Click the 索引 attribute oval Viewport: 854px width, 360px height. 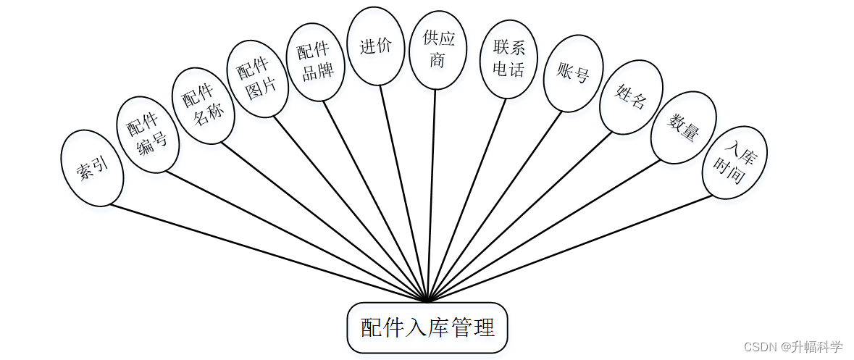tap(92, 167)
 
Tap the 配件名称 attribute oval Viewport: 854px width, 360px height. tap(203, 106)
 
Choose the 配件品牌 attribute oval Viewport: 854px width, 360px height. tap(317, 62)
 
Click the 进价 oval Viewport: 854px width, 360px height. tap(375, 46)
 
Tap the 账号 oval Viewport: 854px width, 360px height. tap(573, 74)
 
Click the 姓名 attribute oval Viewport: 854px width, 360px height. tap(630, 96)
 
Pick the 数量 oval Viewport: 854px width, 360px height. tap(683, 127)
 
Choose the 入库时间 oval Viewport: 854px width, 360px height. tap(734, 162)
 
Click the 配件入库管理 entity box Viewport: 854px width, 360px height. tap(427, 328)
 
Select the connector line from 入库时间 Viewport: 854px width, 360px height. tap(572, 247)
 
